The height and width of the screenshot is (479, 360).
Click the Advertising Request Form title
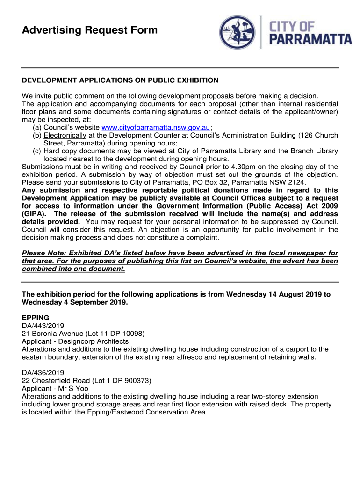click(x=90, y=31)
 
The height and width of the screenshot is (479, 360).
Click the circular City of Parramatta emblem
click(x=239, y=33)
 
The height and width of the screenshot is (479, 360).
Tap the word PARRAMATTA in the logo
click(x=312, y=39)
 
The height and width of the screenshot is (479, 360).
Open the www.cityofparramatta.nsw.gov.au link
click(x=156, y=128)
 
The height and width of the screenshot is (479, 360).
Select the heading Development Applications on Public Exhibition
click(x=120, y=80)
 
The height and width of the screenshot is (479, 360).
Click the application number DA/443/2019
click(x=43, y=326)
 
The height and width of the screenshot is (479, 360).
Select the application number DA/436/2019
click(x=43, y=373)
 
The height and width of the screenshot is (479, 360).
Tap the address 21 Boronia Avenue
click(x=53, y=334)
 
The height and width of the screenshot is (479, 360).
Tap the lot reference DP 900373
click(x=131, y=381)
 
